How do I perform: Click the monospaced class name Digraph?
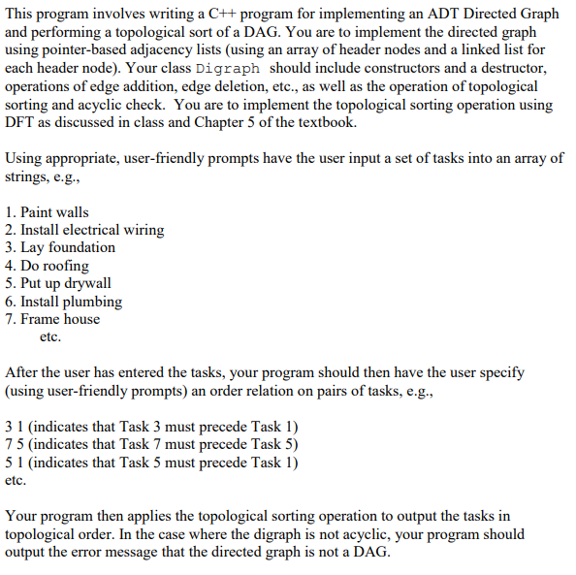pyautogui.click(x=228, y=70)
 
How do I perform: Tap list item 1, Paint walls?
pyautogui.click(x=52, y=212)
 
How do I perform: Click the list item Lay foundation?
pyautogui.click(x=67, y=247)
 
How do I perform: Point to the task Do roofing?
pyautogui.click(x=53, y=266)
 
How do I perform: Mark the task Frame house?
pyautogui.click(x=59, y=319)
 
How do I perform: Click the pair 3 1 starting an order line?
pyautogui.click(x=15, y=427)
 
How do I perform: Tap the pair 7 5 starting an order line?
pyautogui.click(x=15, y=444)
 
